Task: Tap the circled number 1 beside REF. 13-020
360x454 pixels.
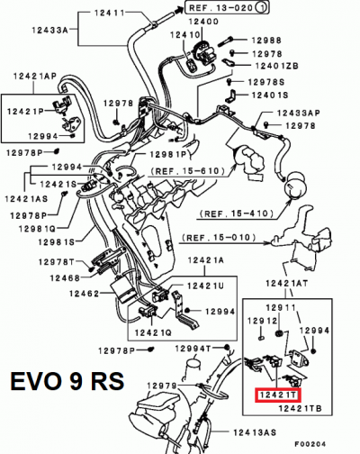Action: coord(260,7)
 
